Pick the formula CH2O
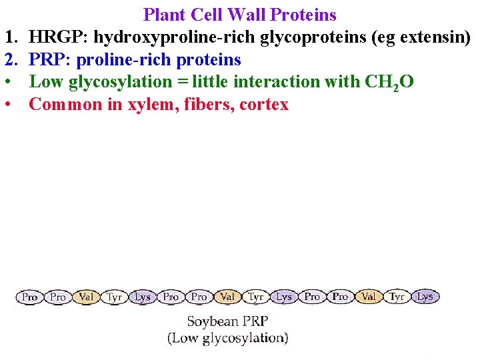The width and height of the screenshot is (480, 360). pyautogui.click(x=389, y=83)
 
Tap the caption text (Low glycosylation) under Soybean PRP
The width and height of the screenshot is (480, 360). pyautogui.click(x=228, y=338)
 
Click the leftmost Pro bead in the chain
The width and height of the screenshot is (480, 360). pyautogui.click(x=30, y=297)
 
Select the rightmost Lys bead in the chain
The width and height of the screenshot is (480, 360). pyautogui.click(x=425, y=297)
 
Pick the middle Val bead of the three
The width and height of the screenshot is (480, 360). pyautogui.click(x=227, y=297)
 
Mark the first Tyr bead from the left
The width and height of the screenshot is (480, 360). pyautogui.click(x=115, y=297)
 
